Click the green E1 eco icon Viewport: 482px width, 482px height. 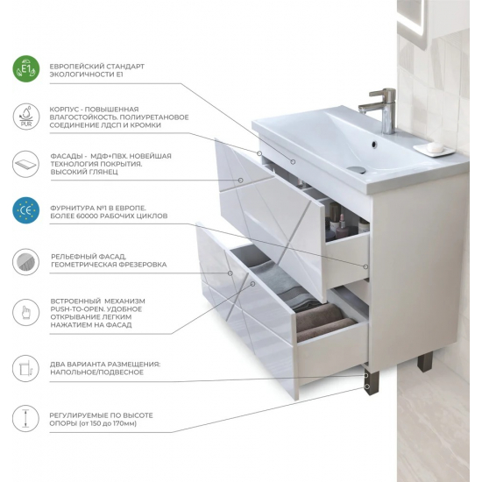tap(26, 69)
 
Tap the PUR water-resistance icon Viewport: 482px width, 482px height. tap(26, 117)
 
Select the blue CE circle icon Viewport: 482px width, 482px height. tap(26, 210)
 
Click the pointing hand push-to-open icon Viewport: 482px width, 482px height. tap(26, 313)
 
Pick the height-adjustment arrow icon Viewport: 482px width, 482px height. tap(26, 418)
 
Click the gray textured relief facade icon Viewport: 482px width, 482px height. tap(26, 262)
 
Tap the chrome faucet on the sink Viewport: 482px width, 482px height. tap(381, 110)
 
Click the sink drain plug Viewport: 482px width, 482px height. tap(358, 169)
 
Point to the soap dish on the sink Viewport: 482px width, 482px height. tap(434, 149)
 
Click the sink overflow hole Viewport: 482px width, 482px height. tap(374, 143)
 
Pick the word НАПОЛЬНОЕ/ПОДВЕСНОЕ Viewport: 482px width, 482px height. tap(96, 372)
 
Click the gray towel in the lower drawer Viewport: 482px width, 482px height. tap(281, 284)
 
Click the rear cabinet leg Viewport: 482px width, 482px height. tap(425, 361)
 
